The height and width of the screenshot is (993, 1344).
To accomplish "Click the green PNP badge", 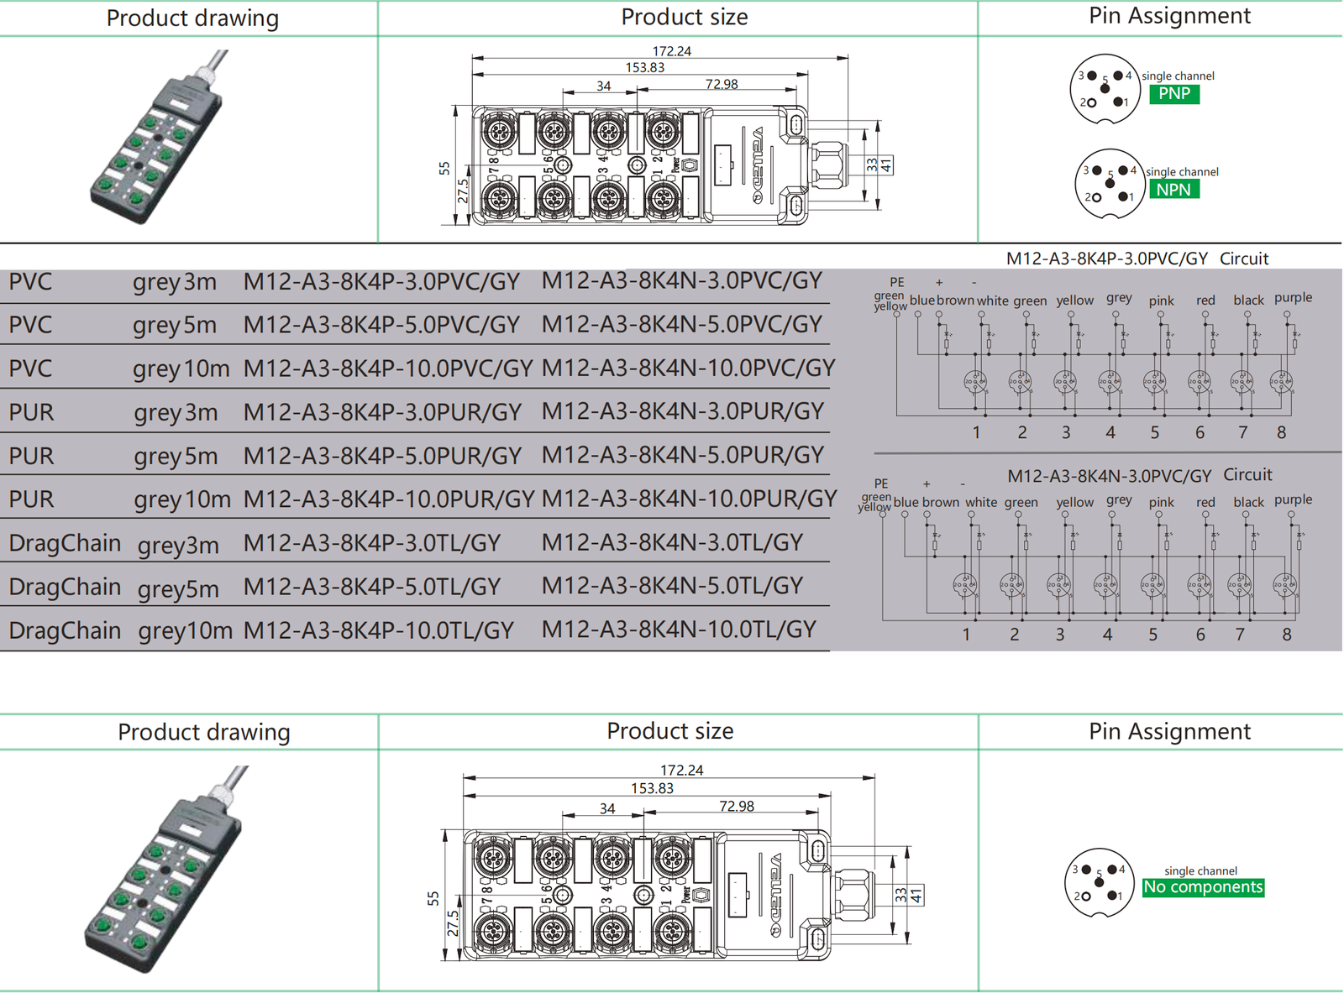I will (1173, 94).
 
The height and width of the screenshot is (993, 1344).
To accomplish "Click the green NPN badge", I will (1173, 190).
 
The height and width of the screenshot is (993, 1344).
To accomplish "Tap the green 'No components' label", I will (1203, 887).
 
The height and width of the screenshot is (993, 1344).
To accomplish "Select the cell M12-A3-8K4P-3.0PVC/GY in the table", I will (381, 282).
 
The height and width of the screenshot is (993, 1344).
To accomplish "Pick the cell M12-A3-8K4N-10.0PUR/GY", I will (689, 499).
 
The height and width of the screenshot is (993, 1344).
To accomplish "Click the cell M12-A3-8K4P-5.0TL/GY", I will (372, 587).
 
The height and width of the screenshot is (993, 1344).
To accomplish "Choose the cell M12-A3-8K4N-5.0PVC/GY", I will (681, 325).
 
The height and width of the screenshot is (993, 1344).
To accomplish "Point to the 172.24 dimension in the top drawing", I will (671, 51).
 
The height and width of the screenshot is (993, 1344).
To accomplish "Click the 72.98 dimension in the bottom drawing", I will (737, 807).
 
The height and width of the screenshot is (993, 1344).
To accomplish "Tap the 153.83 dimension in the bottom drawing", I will (652, 788).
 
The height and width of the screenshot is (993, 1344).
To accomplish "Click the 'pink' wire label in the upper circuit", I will (1161, 301).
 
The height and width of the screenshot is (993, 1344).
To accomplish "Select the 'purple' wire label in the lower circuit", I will (1293, 499).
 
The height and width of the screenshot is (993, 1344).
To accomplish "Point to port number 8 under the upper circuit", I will (1281, 432).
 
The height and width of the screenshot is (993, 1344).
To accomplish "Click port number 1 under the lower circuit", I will (966, 635).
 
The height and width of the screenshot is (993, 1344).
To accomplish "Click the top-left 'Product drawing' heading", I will (192, 18).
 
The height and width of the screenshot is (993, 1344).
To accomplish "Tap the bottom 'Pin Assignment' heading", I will (1169, 732).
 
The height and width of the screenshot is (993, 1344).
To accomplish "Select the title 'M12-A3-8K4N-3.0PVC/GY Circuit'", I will (1139, 476).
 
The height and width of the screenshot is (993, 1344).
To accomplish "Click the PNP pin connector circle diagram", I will (1105, 91).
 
